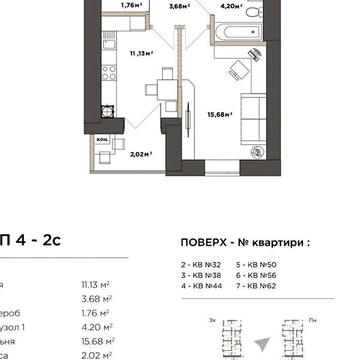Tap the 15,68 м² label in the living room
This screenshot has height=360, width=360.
pyautogui.click(x=221, y=114)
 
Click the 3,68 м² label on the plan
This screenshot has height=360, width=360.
pyautogui.click(x=180, y=6)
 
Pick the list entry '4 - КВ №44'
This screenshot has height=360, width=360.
pyautogui.click(x=187, y=284)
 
